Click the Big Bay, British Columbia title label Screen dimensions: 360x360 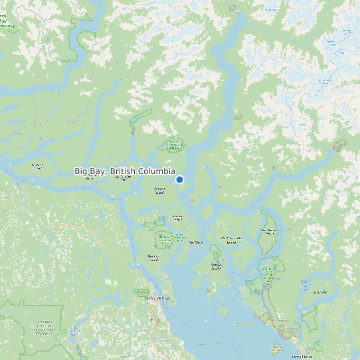pyautogui.click(x=125, y=171)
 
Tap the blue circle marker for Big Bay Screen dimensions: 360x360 pyautogui.click(x=179, y=179)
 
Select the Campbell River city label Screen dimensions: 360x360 pyautogui.click(x=157, y=298)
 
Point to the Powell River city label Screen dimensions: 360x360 pyautogui.click(x=306, y=357)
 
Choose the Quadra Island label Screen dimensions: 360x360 pyautogui.click(x=153, y=257)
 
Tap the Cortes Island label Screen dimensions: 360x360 pyautogui.click(x=216, y=265)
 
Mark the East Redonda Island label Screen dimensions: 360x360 pyautogui.click(x=270, y=231)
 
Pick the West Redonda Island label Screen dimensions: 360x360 pyautogui.click(x=232, y=240)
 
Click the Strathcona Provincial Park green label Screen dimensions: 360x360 pyautogui.click(x=44, y=325)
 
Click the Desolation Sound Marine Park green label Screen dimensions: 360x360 pyautogui.click(x=268, y=272)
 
